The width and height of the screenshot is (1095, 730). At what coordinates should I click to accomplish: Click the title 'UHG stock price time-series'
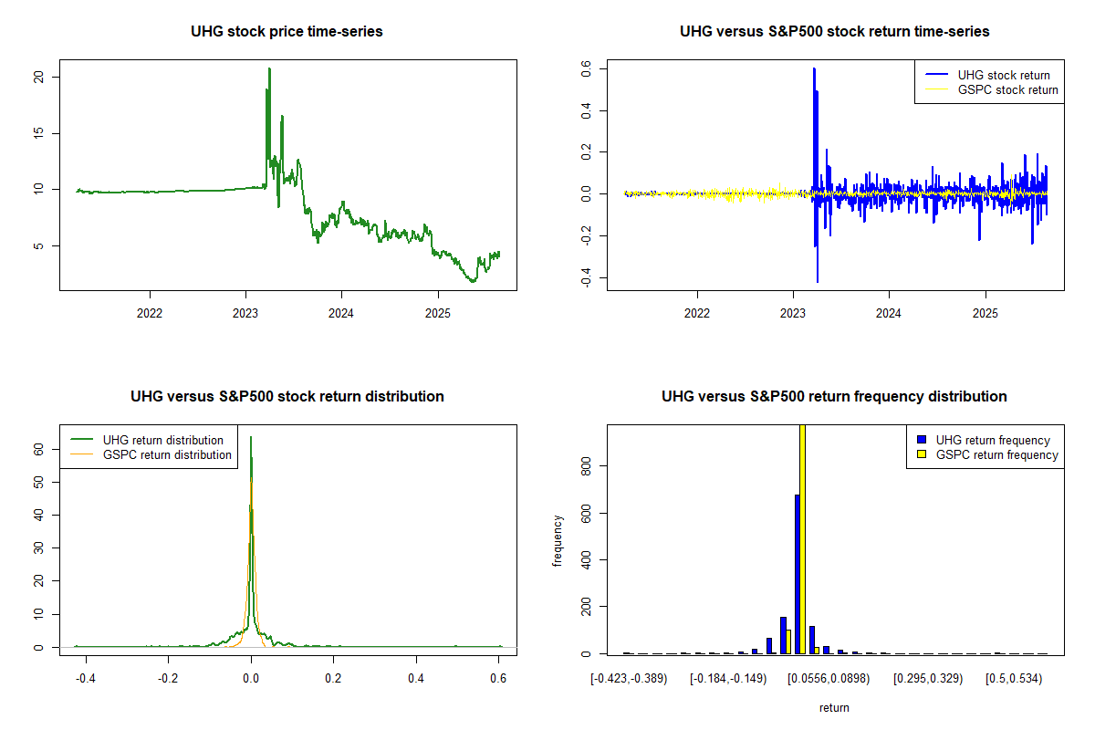tap(287, 31)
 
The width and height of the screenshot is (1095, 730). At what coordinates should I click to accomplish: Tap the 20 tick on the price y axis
tap(39, 77)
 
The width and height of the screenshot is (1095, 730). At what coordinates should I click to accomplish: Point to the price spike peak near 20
tap(269, 69)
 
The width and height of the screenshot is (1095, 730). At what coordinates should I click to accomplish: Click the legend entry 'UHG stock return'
tap(1003, 75)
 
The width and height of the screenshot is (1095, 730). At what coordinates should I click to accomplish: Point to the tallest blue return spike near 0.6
tap(813, 69)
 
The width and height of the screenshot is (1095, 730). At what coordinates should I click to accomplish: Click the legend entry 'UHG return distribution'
tap(162, 440)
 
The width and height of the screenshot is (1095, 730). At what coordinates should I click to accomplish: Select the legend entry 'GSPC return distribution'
tap(167, 454)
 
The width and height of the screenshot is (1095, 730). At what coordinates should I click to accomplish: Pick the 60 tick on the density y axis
tap(39, 449)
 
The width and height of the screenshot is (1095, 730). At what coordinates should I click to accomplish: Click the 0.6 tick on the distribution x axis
tap(499, 679)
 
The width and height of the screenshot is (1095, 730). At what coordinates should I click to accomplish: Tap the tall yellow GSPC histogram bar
tap(803, 538)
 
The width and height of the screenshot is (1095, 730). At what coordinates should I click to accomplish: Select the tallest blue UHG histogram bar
tap(797, 573)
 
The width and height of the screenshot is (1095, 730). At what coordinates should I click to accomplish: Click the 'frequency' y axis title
tap(558, 540)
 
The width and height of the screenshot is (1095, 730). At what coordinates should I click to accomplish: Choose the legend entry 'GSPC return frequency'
tap(997, 454)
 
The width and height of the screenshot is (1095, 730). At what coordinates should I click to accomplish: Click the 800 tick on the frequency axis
tap(587, 465)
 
